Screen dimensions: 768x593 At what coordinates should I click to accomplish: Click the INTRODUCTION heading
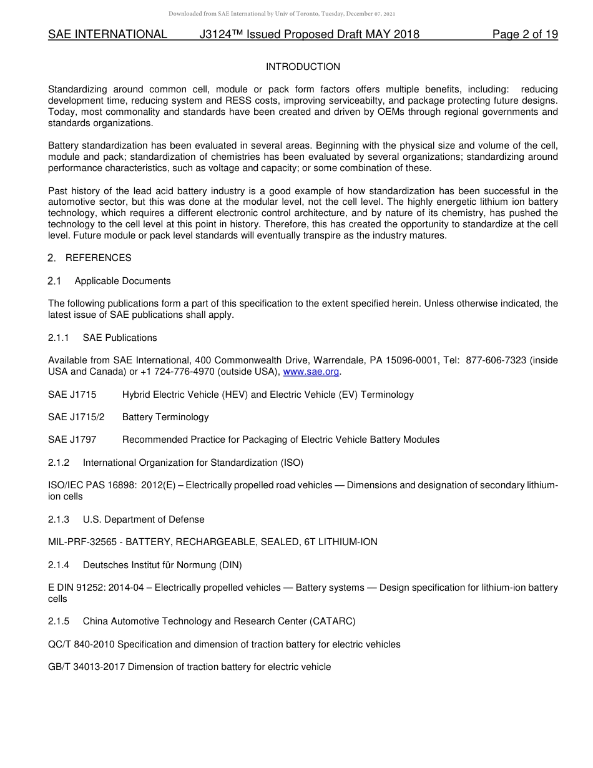click(303, 67)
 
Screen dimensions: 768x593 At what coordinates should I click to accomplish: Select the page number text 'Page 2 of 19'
click(524, 34)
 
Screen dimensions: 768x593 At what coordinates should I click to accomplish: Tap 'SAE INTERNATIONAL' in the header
click(107, 34)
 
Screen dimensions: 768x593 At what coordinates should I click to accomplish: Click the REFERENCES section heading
click(98, 258)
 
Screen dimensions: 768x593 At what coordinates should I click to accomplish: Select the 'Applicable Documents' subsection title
click(122, 281)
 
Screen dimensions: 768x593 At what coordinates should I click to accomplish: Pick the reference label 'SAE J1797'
click(72, 440)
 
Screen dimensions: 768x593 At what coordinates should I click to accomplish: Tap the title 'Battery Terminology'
click(165, 417)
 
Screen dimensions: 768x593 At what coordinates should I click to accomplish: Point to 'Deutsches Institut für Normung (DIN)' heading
click(162, 565)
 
